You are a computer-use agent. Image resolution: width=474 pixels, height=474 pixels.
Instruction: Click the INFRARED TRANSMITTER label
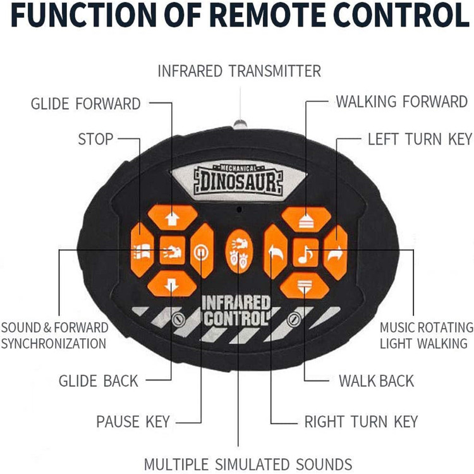[x=240, y=70]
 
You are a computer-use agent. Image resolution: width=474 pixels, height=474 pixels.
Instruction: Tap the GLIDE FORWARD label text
[x=86, y=104]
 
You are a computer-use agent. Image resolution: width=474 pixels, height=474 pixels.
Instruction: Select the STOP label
[x=95, y=139]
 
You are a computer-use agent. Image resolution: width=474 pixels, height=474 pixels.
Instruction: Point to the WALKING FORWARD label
[x=401, y=102]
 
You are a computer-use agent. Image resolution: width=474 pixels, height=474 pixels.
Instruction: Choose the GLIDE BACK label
[x=98, y=380]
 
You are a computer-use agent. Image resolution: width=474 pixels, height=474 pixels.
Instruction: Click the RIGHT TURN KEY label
[x=361, y=421]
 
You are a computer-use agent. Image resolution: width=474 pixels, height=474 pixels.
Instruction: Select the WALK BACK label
[x=376, y=380]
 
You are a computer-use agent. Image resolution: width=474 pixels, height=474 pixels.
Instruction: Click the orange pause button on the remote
[x=202, y=251]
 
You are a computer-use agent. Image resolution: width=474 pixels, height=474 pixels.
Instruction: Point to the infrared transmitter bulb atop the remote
[x=240, y=123]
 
